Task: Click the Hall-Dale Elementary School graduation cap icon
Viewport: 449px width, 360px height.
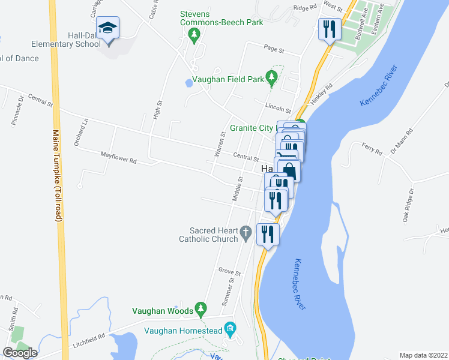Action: coord(108,28)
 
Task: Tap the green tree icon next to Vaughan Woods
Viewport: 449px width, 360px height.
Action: coord(200,310)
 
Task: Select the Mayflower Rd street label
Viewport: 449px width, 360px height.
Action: coord(119,158)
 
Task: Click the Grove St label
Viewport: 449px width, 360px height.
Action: coord(229,273)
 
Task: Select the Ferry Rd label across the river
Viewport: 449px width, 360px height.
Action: coord(372,148)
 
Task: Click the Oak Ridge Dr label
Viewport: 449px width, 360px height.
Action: coord(409,206)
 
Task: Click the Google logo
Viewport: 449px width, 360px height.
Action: coord(20,352)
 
